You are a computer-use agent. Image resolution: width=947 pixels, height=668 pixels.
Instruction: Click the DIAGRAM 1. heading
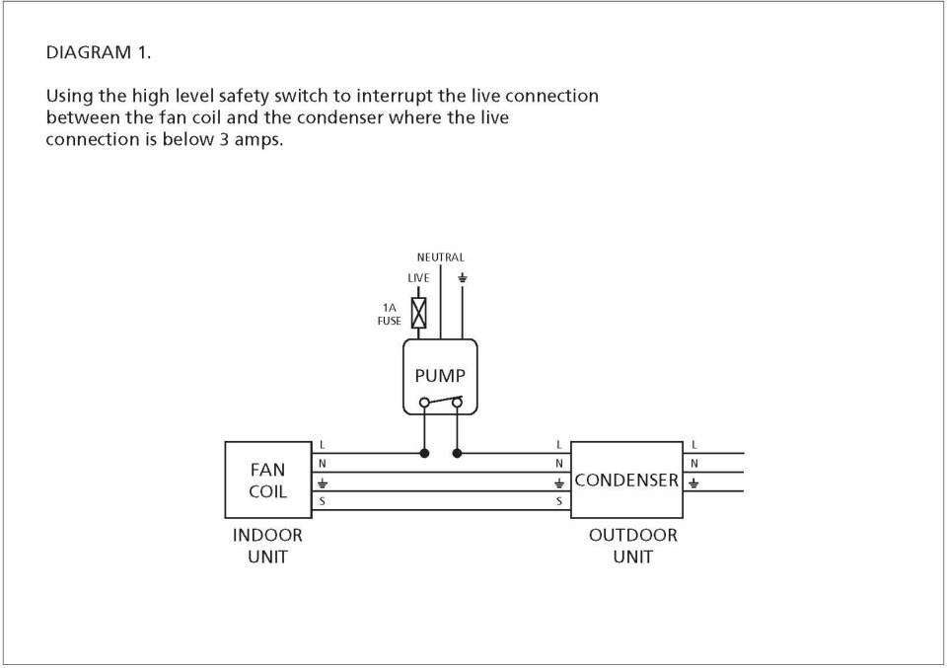pos(99,52)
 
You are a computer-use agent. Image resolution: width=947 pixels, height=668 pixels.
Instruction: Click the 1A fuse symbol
pos(418,313)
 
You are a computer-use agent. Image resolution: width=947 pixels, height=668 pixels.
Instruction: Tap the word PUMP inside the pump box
pos(440,376)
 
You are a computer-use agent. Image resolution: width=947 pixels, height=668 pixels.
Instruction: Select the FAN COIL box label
pos(267,481)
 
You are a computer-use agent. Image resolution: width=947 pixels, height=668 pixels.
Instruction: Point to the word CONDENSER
pos(626,481)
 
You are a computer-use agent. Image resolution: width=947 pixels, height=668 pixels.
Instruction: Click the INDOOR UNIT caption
pos(267,546)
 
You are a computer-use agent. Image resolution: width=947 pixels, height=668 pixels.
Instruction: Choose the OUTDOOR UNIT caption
pos(633,546)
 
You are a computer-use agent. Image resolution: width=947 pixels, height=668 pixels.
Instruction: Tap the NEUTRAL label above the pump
pos(440,258)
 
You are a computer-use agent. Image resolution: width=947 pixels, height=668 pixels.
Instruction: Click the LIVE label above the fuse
pos(418,278)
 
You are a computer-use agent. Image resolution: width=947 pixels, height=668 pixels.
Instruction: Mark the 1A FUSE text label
pos(389,314)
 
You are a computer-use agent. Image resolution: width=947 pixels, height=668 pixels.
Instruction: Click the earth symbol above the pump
pos(463,278)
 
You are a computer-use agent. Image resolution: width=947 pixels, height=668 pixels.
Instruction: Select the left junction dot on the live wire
pos(424,452)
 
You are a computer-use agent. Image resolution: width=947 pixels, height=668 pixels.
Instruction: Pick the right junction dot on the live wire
pos(457,452)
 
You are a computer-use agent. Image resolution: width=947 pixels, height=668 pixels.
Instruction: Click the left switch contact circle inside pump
pos(424,403)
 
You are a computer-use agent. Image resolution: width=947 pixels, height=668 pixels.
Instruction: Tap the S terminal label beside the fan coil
pos(322,500)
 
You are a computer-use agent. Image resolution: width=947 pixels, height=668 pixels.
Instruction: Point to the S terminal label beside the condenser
pos(559,500)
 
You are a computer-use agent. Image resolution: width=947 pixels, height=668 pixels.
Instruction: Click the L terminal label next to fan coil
pos(322,445)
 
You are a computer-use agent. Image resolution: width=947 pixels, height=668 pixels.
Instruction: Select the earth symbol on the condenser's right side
pos(693,482)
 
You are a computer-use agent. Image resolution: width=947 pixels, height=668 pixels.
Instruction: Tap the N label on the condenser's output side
pos(693,464)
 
